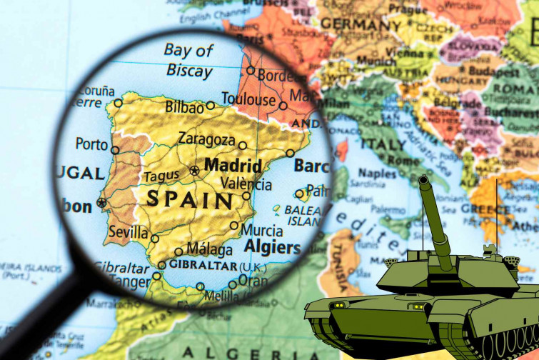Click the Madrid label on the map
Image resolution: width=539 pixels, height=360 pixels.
tap(233, 165)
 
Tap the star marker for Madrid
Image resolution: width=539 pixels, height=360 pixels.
tap(194, 171)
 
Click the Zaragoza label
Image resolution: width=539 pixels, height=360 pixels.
tap(206, 139)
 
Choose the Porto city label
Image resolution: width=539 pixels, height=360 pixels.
tap(91, 144)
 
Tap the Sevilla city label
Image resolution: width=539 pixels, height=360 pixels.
tap(129, 233)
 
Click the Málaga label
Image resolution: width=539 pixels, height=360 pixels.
tap(209, 250)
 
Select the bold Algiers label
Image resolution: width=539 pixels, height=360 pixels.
tap(272, 248)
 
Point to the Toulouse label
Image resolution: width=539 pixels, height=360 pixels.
tap(248, 99)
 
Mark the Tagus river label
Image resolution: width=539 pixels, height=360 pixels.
tap(161, 176)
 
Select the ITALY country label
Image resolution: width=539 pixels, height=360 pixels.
tap(383, 144)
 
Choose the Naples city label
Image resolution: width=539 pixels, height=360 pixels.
tap(377, 174)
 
